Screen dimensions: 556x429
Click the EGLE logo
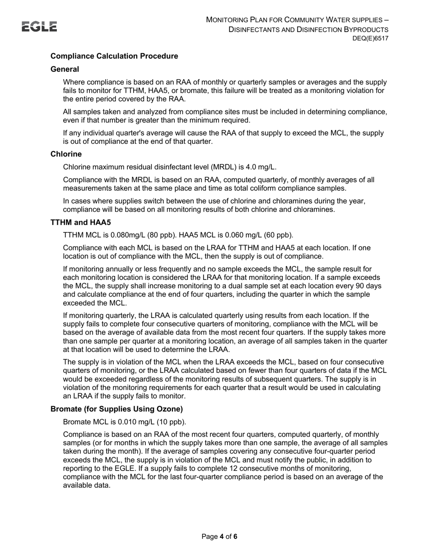click(x=40, y=27)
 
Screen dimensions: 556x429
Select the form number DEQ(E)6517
click(x=370, y=39)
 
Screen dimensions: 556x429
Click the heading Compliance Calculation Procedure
click(x=114, y=56)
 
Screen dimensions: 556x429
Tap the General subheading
click(x=65, y=69)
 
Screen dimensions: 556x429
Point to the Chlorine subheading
click(x=66, y=154)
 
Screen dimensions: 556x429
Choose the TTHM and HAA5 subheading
click(x=80, y=222)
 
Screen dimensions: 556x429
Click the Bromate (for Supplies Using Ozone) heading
click(x=117, y=409)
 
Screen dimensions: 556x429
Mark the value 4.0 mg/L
click(x=262, y=167)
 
